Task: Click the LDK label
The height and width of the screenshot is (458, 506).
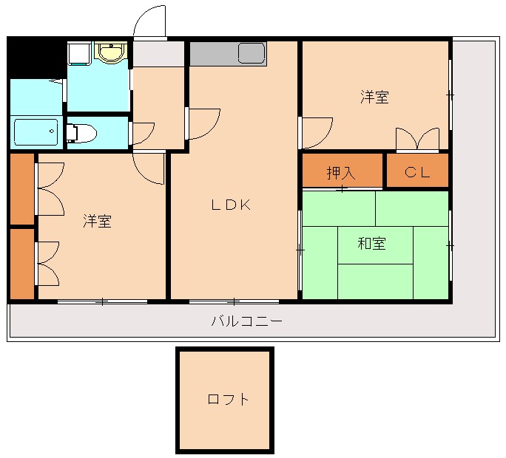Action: pos(232,206)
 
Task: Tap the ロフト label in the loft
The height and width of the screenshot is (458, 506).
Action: pos(228,400)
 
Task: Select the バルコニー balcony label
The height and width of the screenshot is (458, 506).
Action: pos(247,321)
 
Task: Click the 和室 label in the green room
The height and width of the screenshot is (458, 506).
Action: pos(372,243)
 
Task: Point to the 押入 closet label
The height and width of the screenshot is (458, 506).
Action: pos(341,173)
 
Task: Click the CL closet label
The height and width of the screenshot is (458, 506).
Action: pos(417,173)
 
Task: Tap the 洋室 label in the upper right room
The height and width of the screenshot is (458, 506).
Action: pos(375,97)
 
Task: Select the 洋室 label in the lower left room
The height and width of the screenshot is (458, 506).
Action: pos(97,221)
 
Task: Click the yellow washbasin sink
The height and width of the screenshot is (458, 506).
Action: pos(111,53)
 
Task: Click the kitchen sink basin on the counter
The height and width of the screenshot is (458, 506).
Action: pos(252,53)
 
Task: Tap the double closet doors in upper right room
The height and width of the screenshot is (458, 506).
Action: pos(417,140)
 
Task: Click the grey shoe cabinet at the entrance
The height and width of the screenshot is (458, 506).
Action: pos(158,55)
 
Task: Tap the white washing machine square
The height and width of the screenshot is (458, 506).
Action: pos(79,53)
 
